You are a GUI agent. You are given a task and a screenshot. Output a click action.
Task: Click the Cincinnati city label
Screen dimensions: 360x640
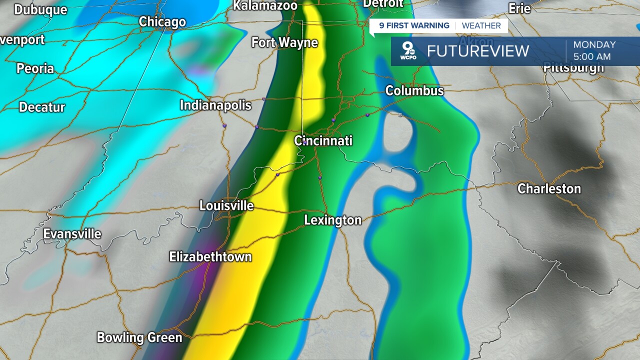click(x=323, y=140)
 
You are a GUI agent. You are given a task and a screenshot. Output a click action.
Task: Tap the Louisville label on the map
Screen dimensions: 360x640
click(x=226, y=205)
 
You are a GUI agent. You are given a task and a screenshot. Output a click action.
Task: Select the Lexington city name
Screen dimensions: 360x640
click(x=332, y=220)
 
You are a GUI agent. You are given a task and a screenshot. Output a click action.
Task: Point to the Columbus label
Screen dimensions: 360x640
click(x=414, y=90)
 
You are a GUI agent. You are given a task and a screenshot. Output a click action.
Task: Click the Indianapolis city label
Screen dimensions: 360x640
click(x=215, y=105)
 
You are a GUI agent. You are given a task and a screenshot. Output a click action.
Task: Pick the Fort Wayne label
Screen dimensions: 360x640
click(x=284, y=42)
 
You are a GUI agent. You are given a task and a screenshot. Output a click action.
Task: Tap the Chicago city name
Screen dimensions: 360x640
click(x=162, y=22)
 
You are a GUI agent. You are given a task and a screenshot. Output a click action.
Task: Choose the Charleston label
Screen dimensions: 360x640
click(x=549, y=188)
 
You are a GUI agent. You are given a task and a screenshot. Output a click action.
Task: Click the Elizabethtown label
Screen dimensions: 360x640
click(x=210, y=257)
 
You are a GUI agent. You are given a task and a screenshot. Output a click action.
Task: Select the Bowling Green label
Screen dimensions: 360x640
click(x=139, y=337)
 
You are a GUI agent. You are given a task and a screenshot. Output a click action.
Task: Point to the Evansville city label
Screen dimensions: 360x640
click(x=72, y=234)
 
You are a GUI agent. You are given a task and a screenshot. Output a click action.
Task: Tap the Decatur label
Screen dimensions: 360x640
click(x=42, y=107)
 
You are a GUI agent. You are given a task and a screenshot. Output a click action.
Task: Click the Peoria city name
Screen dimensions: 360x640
click(x=35, y=68)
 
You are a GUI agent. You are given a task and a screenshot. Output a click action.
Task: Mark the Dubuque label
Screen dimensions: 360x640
click(x=40, y=9)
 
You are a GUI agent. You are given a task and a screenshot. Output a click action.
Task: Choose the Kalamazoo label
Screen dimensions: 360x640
click(x=265, y=5)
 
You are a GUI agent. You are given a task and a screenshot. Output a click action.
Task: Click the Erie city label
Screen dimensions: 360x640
click(x=519, y=8)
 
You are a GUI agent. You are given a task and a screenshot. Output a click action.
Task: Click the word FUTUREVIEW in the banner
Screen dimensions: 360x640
click(x=478, y=51)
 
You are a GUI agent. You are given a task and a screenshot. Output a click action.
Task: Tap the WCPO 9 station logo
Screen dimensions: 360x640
click(x=408, y=51)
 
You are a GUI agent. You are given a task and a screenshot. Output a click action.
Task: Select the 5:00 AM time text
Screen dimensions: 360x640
click(x=592, y=57)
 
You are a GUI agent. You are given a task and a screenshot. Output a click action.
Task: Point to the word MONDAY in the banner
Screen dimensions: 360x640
click(x=594, y=44)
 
